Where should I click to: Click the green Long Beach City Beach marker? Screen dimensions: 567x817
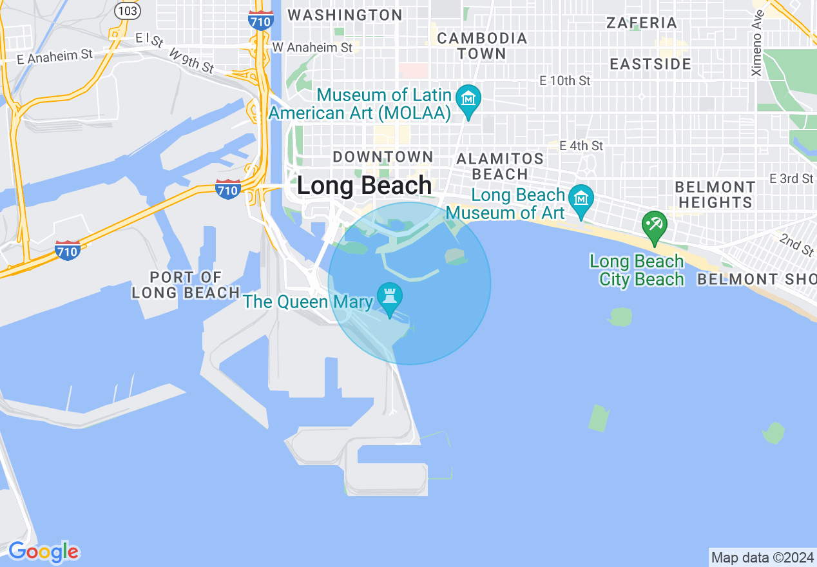click(x=655, y=227)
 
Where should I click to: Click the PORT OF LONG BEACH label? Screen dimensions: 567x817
click(x=186, y=285)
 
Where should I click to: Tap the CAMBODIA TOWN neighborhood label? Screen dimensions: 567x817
click(x=482, y=46)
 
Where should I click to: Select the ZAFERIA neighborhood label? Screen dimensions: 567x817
click(x=642, y=23)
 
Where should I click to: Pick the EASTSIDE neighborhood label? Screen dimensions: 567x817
click(x=650, y=64)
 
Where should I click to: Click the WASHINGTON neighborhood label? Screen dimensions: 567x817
click(x=345, y=15)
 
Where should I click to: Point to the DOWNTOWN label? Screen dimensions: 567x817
click(x=383, y=157)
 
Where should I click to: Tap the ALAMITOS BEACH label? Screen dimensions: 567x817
click(x=500, y=166)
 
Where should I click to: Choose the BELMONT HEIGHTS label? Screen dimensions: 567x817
click(x=714, y=195)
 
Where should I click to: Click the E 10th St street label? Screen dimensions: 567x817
click(x=565, y=81)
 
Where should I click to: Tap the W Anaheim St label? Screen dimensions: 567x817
click(x=312, y=47)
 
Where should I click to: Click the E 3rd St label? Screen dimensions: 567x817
click(x=791, y=178)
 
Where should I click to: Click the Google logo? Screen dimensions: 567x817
click(x=43, y=552)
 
